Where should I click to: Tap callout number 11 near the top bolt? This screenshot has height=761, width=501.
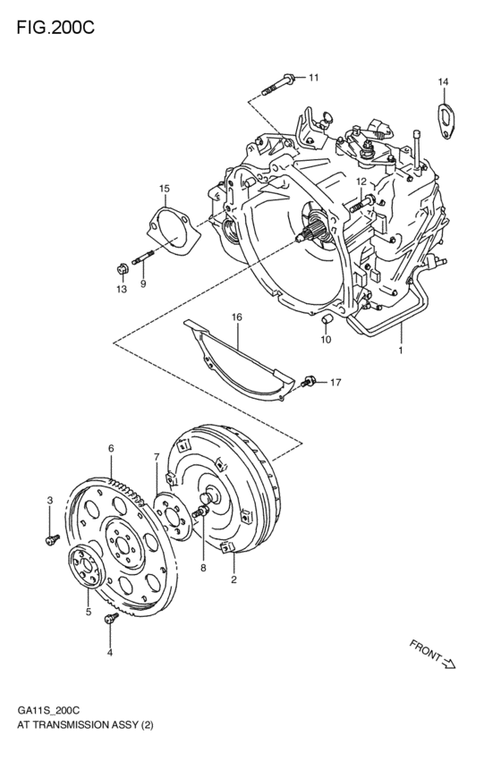pos(313,78)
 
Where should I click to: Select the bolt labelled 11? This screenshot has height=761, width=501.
pos(279,86)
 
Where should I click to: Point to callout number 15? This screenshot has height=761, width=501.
pos(165,189)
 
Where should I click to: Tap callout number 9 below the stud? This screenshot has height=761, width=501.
pos(142,284)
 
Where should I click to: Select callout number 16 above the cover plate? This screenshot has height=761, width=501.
pos(237,317)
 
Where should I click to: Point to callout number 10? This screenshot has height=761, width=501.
pos(327,339)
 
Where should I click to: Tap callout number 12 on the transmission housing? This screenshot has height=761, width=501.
pos(361,182)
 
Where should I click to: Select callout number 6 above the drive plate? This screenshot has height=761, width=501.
pos(111,448)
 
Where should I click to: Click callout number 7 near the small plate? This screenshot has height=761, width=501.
pos(156,457)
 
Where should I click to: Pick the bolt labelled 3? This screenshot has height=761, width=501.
pos(51,537)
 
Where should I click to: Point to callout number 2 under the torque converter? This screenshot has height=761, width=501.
pos(234,580)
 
